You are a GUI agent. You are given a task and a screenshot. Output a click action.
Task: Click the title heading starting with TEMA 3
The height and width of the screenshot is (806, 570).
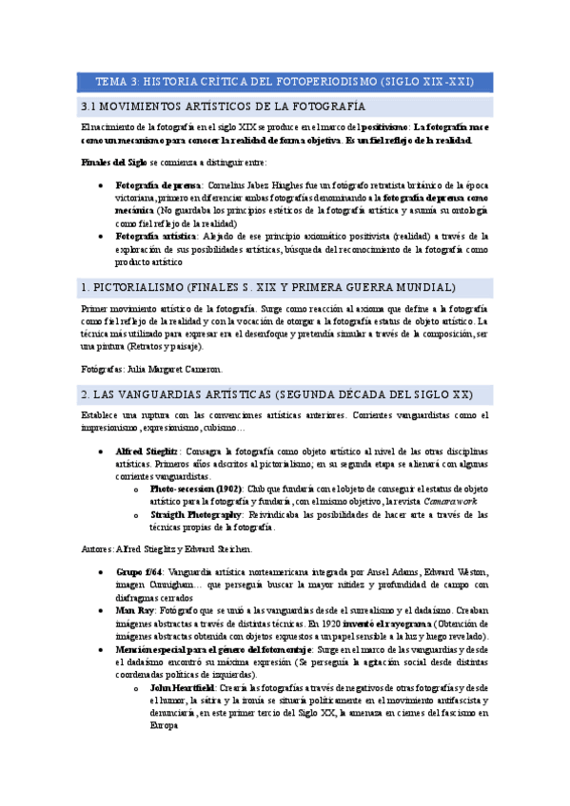point(285,81)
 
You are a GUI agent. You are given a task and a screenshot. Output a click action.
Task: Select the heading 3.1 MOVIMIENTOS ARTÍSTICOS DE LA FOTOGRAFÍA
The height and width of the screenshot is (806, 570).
point(224,106)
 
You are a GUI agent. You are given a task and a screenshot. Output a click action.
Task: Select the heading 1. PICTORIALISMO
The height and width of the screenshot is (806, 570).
point(267,287)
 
